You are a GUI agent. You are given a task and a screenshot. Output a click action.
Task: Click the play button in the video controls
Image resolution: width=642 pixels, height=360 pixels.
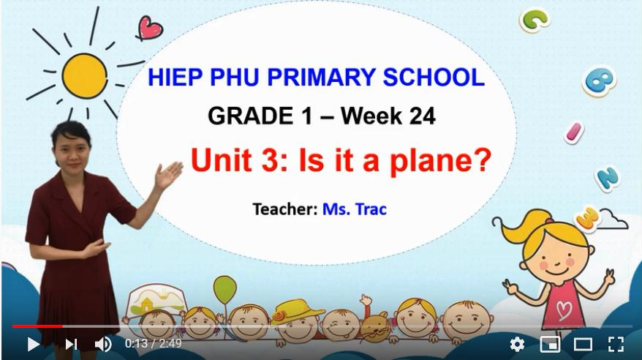pos(33,344)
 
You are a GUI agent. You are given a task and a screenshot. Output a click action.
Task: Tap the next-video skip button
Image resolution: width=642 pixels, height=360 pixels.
pos(71,344)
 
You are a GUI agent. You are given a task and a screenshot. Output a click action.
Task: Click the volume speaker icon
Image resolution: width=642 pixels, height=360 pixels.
pos(103,344)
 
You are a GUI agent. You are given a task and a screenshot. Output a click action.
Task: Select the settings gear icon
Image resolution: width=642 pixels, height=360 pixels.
pos(517,344)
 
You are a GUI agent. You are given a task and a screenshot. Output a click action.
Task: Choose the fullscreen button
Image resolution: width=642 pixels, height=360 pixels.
pos(616,344)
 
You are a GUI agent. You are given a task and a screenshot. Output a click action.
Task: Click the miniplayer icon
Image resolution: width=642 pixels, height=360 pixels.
pos(551,344)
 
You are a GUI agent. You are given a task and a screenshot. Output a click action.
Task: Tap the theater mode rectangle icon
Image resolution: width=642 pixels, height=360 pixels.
pos(583,344)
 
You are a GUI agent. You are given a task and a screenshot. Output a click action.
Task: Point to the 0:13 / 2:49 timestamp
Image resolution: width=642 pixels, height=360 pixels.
pos(153,343)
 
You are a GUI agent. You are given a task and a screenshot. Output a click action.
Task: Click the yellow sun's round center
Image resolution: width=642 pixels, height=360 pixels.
pos(85,76)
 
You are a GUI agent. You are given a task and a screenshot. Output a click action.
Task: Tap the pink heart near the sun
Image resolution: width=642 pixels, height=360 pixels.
pos(150,28)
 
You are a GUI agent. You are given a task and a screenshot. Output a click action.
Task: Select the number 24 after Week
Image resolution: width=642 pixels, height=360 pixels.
pos(422,116)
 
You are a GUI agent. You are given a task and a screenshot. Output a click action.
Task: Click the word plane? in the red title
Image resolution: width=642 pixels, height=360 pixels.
pos(440,160)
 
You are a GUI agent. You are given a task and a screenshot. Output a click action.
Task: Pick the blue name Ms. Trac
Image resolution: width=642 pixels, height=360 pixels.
pos(355,209)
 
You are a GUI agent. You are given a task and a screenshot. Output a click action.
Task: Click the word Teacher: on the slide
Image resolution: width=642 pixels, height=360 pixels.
pos(285,209)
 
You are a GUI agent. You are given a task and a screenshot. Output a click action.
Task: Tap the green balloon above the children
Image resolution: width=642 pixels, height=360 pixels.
pos(224,290)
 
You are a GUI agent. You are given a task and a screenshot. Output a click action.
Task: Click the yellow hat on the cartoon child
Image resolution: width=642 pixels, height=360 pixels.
pos(296,312)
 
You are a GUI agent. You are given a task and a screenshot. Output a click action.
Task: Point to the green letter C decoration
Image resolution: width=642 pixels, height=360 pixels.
pos(535,19)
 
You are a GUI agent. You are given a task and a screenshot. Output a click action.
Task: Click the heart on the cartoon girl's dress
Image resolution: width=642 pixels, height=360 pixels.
pos(564,310)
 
